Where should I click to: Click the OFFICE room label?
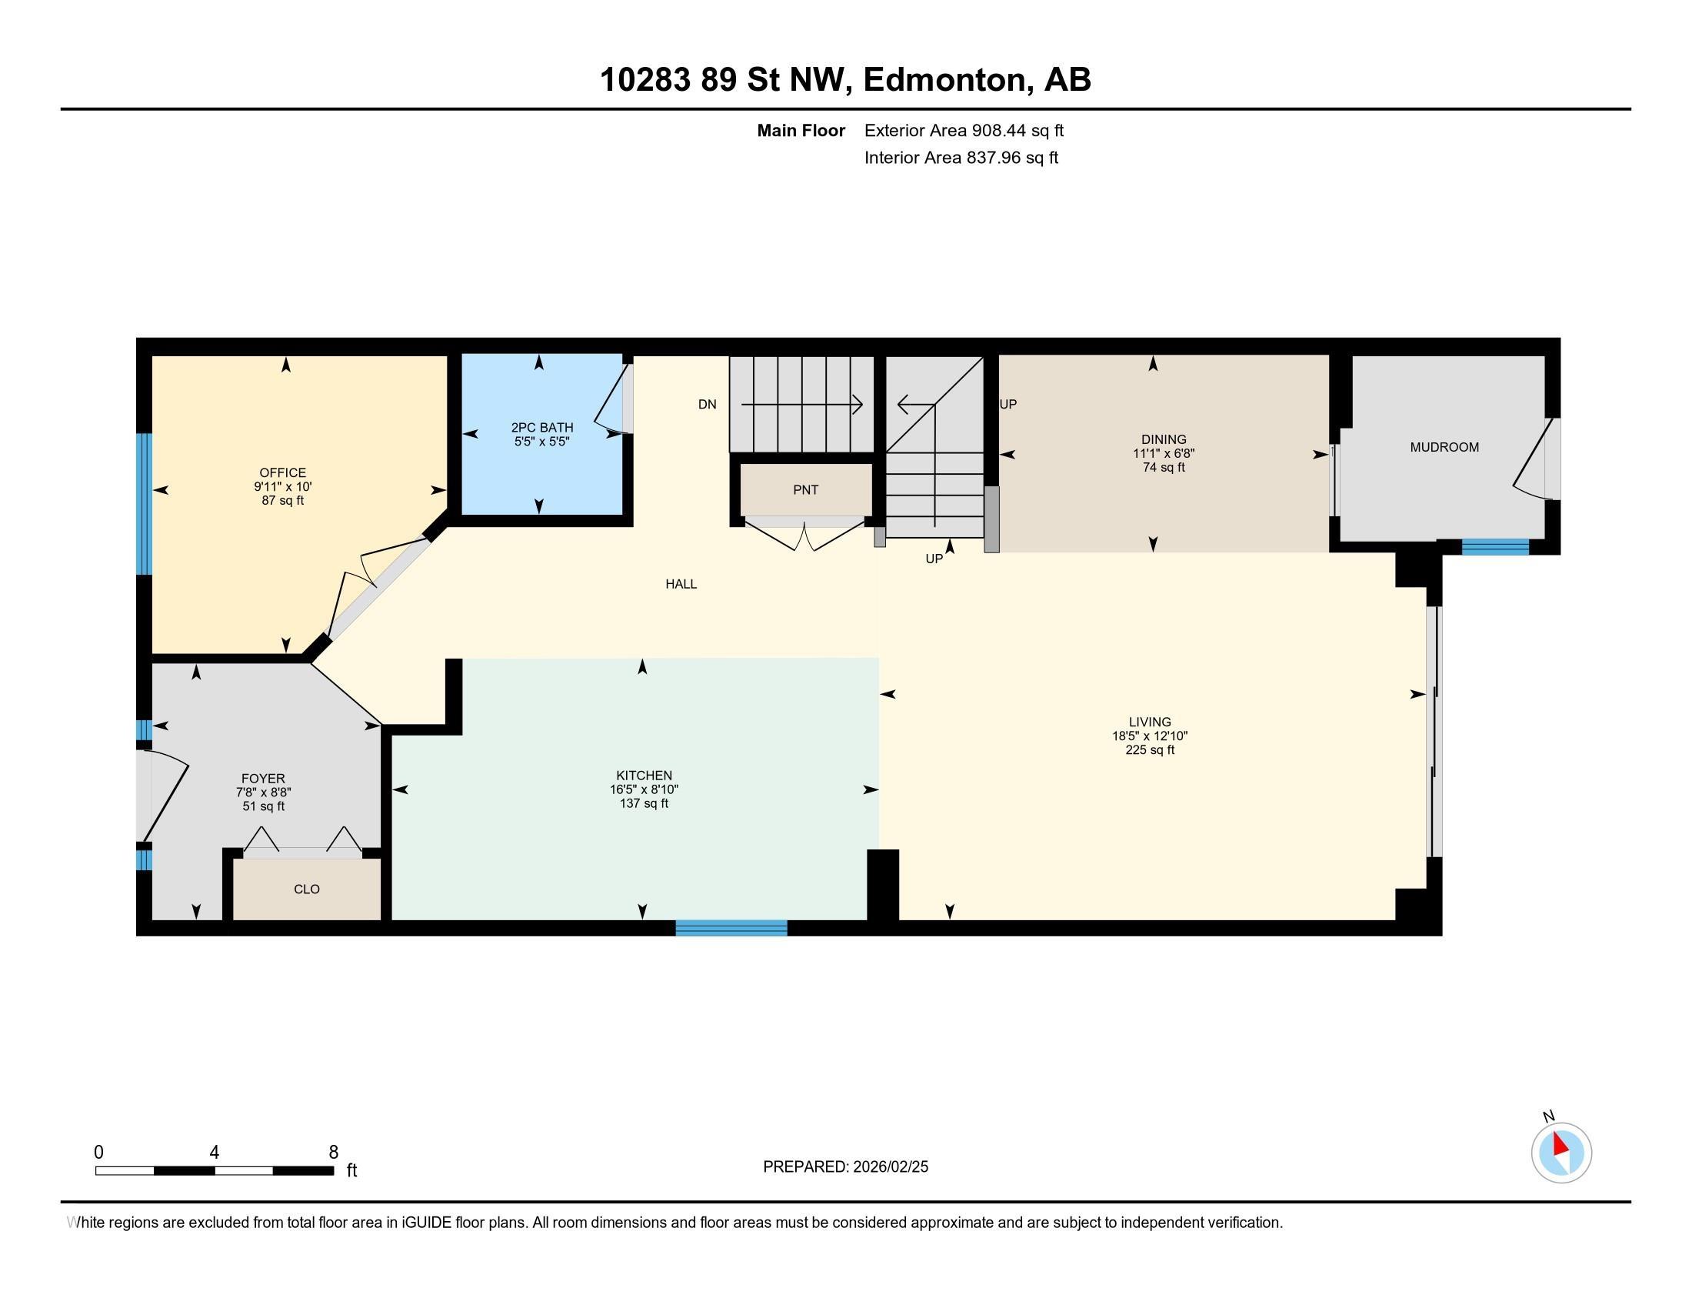[x=283, y=472]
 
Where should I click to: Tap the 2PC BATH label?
[x=542, y=427]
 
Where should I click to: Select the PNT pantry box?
[x=806, y=489]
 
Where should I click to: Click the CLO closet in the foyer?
[x=307, y=889]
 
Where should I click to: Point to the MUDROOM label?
[x=1444, y=447]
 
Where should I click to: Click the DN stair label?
[x=708, y=405]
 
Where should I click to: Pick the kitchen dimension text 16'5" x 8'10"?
[x=644, y=789]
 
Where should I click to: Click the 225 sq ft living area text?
[x=1150, y=750]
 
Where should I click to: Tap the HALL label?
[x=681, y=584]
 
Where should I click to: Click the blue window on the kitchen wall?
[x=731, y=928]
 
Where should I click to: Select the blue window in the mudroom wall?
[x=1495, y=547]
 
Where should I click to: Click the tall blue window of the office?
[x=144, y=504]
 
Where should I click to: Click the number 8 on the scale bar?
[x=334, y=1153]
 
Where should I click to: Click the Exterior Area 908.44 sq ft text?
[x=964, y=131]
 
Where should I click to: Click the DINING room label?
[x=1164, y=439]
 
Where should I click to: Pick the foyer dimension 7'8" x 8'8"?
[x=263, y=792]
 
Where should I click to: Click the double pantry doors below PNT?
[x=806, y=537]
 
